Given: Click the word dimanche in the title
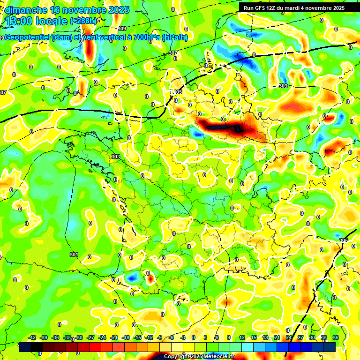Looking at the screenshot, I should [x=26, y=10].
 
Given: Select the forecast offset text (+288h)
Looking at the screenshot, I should [x=84, y=21].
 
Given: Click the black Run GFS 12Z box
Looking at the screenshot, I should [x=293, y=8].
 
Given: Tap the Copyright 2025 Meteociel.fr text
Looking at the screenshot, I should [x=199, y=356].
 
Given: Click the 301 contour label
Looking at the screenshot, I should [x=74, y=255].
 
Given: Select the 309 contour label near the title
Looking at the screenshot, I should [x=122, y=29].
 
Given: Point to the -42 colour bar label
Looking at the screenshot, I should [x=32, y=337].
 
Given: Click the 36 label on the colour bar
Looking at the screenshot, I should [x=335, y=337].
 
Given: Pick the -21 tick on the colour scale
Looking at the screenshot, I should [x=114, y=337].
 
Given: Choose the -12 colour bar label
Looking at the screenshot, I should [x=149, y=337].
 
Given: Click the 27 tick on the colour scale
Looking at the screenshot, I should [x=300, y=337].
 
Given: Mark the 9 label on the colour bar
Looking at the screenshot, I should [x=229, y=337].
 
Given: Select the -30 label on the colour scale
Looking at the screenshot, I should [x=79, y=337].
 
